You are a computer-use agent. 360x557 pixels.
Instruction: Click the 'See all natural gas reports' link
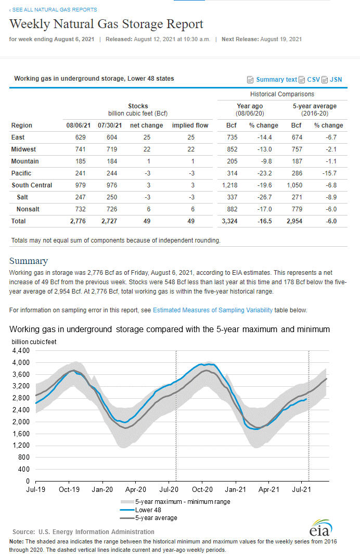coord(53,9)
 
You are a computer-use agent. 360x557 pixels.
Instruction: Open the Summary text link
coord(276,80)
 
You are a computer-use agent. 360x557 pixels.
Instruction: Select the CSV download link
coord(313,80)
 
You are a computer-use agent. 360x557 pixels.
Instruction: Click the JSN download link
coord(336,80)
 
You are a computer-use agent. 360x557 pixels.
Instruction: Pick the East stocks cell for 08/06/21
coord(81,137)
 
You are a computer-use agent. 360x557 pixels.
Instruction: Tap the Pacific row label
coord(21,173)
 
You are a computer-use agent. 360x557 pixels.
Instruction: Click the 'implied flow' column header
coord(190,125)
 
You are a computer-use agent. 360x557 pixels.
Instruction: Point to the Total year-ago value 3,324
coord(230,221)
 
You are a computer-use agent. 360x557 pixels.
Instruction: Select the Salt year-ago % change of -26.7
coord(264,197)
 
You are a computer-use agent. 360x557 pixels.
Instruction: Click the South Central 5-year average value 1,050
coord(294,185)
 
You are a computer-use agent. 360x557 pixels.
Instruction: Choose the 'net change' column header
coord(147,125)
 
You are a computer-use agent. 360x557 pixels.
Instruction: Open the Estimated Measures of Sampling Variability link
coord(213,310)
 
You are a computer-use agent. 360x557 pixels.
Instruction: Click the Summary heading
coord(29,261)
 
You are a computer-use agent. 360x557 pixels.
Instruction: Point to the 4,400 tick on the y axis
coord(21,351)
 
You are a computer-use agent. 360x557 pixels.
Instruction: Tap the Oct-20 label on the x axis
coord(202,489)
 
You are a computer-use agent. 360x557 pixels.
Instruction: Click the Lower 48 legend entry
coord(140,510)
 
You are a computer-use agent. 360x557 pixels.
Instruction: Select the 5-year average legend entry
coord(149,518)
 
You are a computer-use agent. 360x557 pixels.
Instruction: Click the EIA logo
coord(321,528)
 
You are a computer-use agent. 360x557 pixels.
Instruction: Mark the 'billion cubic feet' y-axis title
coord(34,341)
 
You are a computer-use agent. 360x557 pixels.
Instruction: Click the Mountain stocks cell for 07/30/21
coord(112,161)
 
